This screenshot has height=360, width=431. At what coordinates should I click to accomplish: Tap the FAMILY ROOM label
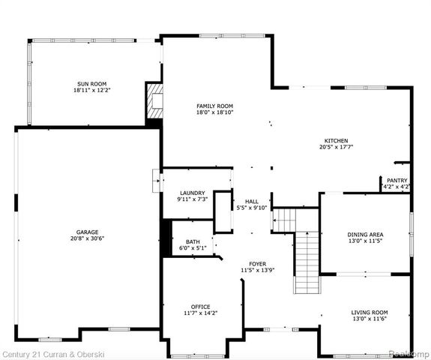pyautogui.click(x=215, y=106)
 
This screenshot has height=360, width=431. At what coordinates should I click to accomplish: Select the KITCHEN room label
pyautogui.click(x=336, y=140)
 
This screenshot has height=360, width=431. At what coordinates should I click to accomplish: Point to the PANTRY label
pyautogui.click(x=397, y=180)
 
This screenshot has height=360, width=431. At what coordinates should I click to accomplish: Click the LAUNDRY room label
pyautogui.click(x=191, y=193)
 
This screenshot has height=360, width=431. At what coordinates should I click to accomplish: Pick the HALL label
pyautogui.click(x=251, y=201)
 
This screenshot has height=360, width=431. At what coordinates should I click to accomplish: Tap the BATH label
pyautogui.click(x=193, y=241)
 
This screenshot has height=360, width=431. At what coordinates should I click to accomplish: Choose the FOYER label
pyautogui.click(x=258, y=263)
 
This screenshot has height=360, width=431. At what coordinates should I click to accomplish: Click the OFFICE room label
pyautogui.click(x=200, y=306)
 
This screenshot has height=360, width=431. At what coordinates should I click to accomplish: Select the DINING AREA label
pyautogui.click(x=365, y=235)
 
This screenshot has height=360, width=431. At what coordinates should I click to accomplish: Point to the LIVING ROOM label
pyautogui.click(x=370, y=312)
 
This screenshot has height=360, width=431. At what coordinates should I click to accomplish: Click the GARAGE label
pyautogui.click(x=87, y=232)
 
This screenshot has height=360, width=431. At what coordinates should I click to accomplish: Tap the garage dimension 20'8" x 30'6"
pyautogui.click(x=87, y=238)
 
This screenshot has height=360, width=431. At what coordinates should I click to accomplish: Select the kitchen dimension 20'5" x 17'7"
pyautogui.click(x=336, y=147)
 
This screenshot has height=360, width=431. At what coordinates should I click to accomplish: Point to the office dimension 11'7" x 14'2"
pyautogui.click(x=200, y=313)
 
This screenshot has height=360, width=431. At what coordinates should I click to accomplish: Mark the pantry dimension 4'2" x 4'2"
pyautogui.click(x=397, y=187)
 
